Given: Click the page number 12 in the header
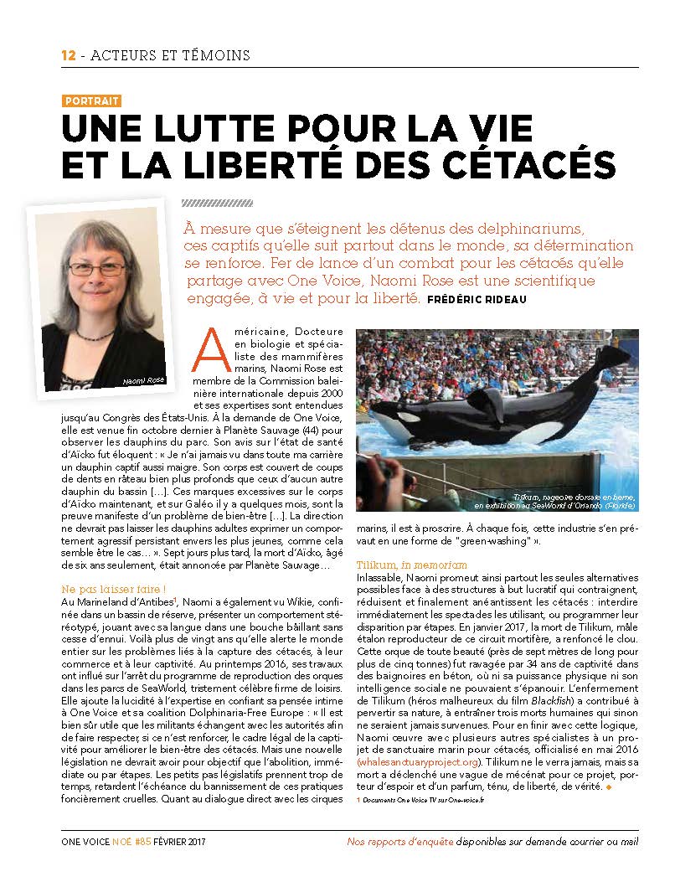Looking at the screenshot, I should point(68,55).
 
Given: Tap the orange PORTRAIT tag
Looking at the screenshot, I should point(91,101).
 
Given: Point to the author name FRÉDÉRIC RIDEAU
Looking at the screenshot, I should point(477,301).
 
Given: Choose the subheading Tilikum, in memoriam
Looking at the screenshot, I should point(412,565).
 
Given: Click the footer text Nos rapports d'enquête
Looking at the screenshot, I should point(400,841).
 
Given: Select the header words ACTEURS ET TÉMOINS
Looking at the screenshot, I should point(168,55).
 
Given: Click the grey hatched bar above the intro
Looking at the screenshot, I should point(216,203).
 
